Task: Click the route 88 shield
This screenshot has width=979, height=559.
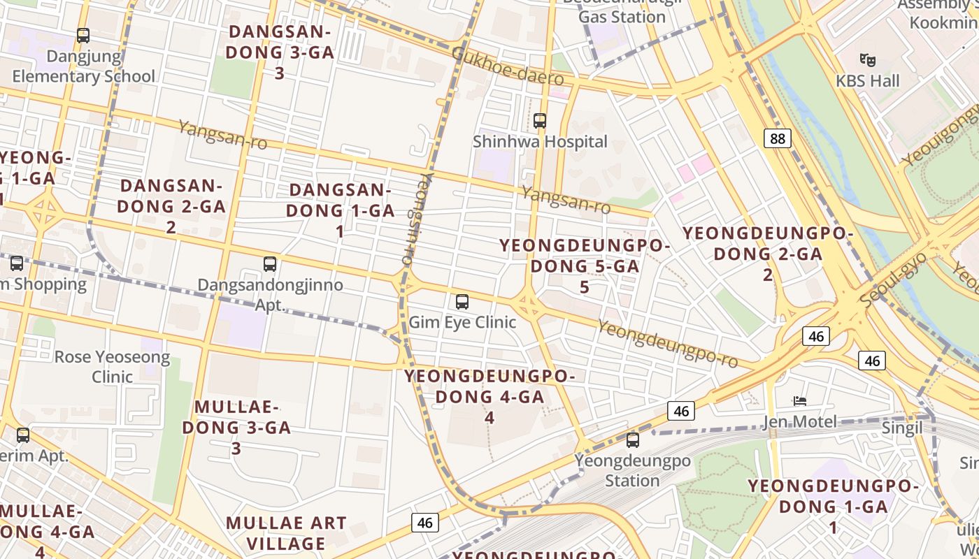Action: pos(777,138)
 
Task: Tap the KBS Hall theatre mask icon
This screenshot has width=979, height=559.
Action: pos(868,59)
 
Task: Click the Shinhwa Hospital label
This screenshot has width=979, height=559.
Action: pos(540,142)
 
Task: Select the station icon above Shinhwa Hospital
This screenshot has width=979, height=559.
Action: pos(539,120)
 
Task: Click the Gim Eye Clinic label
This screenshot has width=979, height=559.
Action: pos(462,322)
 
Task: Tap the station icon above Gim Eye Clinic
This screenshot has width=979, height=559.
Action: pos(462,302)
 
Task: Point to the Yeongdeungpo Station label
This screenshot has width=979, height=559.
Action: pos(632,471)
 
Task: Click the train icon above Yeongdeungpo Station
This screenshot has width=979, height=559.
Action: pos(632,440)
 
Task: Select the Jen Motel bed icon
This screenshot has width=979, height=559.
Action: pos(800,401)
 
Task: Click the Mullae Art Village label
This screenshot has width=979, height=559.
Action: pos(287,533)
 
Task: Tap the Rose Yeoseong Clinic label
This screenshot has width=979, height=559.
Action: pos(112,367)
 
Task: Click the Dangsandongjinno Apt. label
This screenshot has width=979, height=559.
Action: pos(270,295)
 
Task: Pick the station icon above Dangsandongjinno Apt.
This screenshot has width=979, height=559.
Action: pos(270,264)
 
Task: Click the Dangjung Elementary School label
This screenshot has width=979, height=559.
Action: pos(83,66)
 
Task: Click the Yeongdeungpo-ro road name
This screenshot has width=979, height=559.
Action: pos(668,344)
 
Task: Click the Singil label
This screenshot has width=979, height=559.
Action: pos(903,428)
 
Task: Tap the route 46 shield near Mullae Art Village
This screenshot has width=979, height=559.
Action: pos(424,523)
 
